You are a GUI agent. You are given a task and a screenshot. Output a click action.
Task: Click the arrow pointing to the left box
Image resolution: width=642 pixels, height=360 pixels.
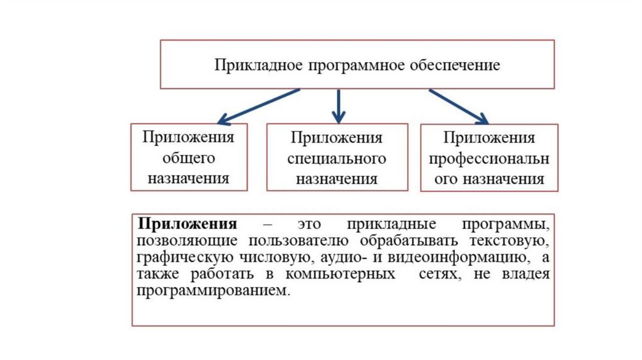click(x=257, y=105)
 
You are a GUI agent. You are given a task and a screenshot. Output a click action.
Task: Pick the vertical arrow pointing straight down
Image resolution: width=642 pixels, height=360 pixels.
click(x=339, y=105)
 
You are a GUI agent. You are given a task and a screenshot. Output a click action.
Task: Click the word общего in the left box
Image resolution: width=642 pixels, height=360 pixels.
click(x=189, y=157)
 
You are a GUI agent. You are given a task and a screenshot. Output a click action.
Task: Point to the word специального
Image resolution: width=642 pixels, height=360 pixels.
click(x=337, y=158)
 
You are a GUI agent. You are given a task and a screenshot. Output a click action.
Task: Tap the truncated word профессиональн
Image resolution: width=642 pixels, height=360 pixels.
click(x=489, y=159)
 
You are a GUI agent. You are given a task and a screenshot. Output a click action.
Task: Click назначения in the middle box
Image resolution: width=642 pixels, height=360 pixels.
click(x=337, y=179)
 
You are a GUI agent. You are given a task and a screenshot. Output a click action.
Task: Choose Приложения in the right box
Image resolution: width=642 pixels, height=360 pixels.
click(x=489, y=138)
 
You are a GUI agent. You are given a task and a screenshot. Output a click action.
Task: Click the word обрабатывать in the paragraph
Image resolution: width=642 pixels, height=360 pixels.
click(x=407, y=241)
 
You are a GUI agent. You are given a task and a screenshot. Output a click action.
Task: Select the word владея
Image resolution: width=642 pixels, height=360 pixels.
click(x=530, y=275)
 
